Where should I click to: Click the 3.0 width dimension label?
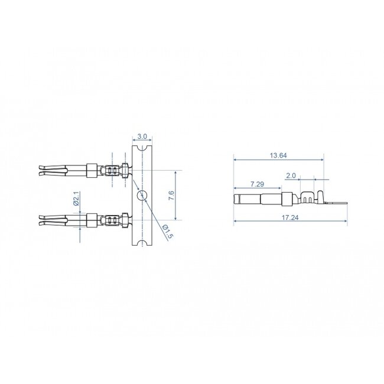pos(142,136)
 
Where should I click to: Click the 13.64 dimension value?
pos(278,155)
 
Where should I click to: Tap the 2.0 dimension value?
pos(290,176)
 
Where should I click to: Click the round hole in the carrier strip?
pos(141,196)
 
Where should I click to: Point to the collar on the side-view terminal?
pos(287,199)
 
